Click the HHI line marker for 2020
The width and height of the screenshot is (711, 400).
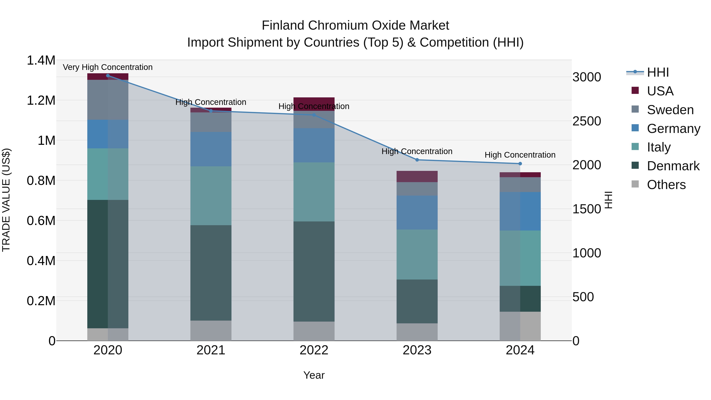[x=108, y=76]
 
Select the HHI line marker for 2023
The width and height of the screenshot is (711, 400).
[x=417, y=160]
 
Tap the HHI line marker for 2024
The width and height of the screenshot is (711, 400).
[x=520, y=164]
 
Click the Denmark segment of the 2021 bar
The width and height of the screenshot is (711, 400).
[x=211, y=273]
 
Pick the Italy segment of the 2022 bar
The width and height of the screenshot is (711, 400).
[x=314, y=192]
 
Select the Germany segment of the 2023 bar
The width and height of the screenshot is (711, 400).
[x=417, y=213]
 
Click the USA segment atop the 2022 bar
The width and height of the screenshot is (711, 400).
[x=314, y=104]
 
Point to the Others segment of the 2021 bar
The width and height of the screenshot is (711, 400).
[x=211, y=330]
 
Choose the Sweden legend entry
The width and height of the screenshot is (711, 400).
[x=670, y=110]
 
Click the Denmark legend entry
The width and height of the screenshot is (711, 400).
[x=673, y=166]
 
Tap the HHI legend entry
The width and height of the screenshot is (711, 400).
[x=657, y=72]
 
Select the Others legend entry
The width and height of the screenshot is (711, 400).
[x=666, y=185]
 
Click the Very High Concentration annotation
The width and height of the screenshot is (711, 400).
[x=108, y=67]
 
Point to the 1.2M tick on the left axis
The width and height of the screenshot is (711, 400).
[x=41, y=101]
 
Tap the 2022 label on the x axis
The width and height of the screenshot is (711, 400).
[x=314, y=350]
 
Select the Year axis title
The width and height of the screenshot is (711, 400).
[x=314, y=375]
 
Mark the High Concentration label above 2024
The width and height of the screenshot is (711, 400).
[x=520, y=155]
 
